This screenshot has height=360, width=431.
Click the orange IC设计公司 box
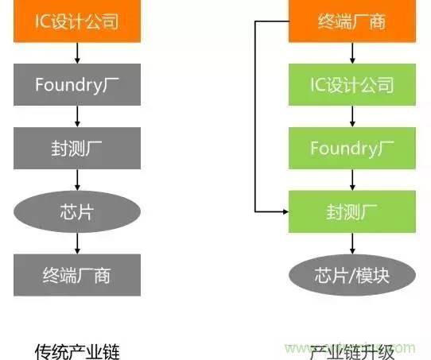click(77, 20)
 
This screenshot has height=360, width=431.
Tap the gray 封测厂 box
click(77, 147)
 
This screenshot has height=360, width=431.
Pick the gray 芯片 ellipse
click(77, 211)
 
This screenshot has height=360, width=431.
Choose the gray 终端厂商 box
click(77, 275)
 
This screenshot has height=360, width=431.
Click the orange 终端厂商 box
click(351, 20)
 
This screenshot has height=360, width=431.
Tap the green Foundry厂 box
click(351, 147)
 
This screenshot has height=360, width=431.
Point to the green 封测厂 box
click(351, 211)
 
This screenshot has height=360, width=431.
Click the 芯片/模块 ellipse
click(351, 275)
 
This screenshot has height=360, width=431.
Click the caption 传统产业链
click(77, 350)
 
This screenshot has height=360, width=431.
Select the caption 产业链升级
click(351, 350)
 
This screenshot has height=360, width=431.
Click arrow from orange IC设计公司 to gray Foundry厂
click(77, 52)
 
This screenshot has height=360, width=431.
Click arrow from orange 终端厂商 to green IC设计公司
click(351, 52)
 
